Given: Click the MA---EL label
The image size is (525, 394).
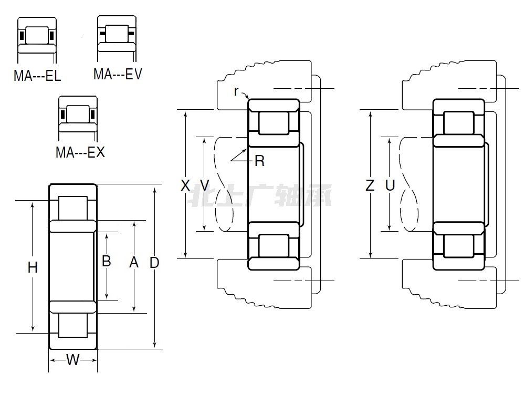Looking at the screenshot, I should pyautogui.click(x=37, y=76).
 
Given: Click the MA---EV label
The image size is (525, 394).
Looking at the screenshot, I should pyautogui.click(x=118, y=74).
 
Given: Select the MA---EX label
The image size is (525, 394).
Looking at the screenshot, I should pyautogui.click(x=80, y=152).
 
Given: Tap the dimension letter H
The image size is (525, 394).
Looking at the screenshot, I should pyautogui.click(x=33, y=267).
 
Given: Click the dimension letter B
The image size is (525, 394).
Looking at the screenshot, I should pyautogui.click(x=106, y=261).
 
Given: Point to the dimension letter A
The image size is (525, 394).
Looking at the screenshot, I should pyautogui.click(x=134, y=262).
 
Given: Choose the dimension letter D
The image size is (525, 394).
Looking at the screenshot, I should pyautogui.click(x=154, y=263).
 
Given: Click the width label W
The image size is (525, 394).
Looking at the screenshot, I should pyautogui.click(x=72, y=360).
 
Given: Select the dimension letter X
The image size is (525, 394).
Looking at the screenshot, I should pyautogui.click(x=185, y=185).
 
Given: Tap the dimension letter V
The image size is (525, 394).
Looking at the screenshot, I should pyautogui.click(x=205, y=185).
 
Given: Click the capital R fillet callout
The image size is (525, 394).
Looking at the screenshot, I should pyautogui.click(x=259, y=161).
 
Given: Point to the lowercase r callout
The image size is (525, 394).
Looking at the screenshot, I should pyautogui.click(x=236, y=91).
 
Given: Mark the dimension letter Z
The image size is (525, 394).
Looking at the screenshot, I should pyautogui.click(x=370, y=185).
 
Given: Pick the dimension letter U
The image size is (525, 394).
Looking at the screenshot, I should pyautogui.click(x=390, y=185).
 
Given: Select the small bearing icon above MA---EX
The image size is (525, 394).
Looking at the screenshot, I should pyautogui.click(x=78, y=113).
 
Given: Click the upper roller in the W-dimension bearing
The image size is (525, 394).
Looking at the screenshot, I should pyautogui.click(x=73, y=208).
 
